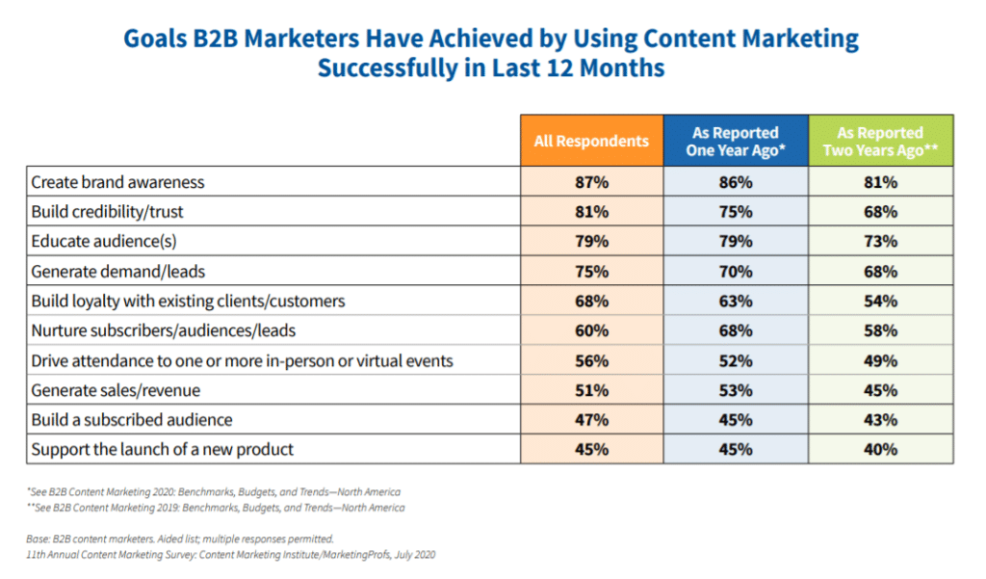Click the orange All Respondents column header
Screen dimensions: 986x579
[592, 141]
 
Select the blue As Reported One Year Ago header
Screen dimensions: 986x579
[736, 141]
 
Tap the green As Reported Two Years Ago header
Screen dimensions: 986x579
[880, 141]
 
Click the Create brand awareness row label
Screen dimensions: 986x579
[117, 182]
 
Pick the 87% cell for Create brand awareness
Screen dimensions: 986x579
[592, 182]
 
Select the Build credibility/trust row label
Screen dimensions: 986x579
[107, 211]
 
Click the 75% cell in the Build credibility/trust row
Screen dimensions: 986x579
[736, 211]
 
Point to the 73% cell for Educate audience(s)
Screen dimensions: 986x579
[880, 241]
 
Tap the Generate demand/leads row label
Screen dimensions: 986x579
[117, 272]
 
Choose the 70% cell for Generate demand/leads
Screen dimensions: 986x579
[736, 272]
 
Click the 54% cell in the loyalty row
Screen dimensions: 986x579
[880, 301]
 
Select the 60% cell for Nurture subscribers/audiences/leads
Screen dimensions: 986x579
[592, 330]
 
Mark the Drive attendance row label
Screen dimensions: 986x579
[242, 360]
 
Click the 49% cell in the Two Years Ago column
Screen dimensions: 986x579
[880, 360]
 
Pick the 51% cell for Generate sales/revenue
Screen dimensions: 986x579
[592, 390]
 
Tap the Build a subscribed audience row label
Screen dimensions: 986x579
[131, 420]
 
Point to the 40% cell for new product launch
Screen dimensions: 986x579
[880, 449]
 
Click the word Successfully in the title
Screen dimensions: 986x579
[387, 68]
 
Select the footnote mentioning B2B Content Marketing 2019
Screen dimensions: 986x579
[216, 508]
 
